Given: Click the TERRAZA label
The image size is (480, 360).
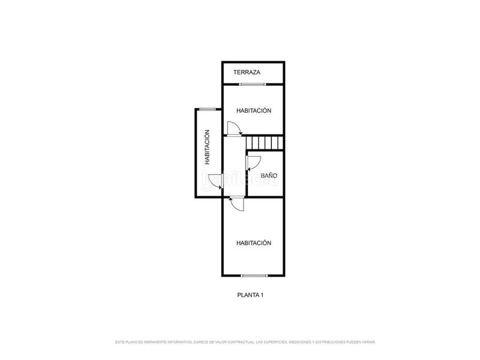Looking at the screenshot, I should [x=247, y=73].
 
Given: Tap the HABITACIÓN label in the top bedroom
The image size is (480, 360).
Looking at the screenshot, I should [x=254, y=110].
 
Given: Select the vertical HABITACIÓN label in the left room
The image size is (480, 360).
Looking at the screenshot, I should [x=207, y=147].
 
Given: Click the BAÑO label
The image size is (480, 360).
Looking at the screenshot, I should [x=269, y=176].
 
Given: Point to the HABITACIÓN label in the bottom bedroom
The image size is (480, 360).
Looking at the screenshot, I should [x=254, y=243].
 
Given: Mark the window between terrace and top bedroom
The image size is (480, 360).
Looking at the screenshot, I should [x=253, y=85].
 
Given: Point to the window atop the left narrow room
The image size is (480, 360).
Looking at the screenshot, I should [x=208, y=109].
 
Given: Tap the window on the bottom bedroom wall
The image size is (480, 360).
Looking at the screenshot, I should [x=254, y=275].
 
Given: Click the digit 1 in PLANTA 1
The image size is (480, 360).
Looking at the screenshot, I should [x=262, y=295].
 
